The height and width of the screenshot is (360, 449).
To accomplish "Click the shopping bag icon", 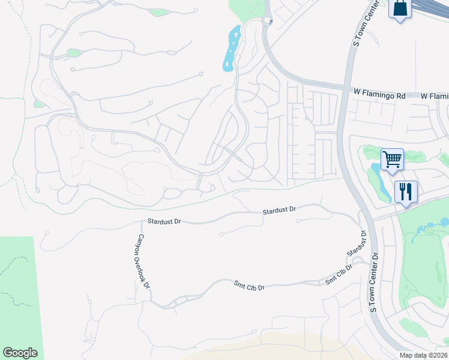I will [x=399, y=9].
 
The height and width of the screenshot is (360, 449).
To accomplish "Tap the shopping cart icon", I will [x=391, y=160].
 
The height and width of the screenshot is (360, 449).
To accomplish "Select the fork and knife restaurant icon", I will [x=406, y=192].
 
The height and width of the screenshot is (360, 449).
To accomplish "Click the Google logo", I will [x=20, y=353].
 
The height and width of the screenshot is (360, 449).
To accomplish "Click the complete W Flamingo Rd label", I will [x=379, y=94].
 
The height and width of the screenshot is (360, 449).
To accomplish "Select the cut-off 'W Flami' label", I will [x=435, y=96].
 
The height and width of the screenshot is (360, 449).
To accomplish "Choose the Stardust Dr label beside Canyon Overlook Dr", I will [x=164, y=221].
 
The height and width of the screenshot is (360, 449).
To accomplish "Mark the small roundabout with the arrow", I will [x=267, y=20].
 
